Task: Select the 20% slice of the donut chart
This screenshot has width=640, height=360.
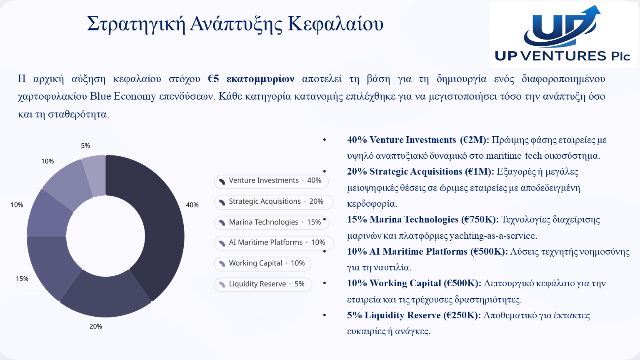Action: pyautogui.click(x=106, y=297)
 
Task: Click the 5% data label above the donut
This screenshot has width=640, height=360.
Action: pyautogui.click(x=85, y=146)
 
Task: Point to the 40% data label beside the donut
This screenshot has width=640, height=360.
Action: pyautogui.click(x=192, y=205)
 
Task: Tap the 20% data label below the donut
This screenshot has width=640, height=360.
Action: pyautogui.click(x=96, y=326)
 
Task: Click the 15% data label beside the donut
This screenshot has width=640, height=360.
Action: pyautogui.click(x=22, y=279)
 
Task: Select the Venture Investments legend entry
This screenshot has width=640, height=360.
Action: pyautogui.click(x=271, y=181)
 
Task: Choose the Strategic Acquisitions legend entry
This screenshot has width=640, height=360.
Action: pyautogui.click(x=273, y=202)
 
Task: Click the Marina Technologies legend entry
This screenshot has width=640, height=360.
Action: pyautogui.click(x=272, y=222)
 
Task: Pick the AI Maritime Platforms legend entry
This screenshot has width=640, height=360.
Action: pyautogui.click(x=274, y=243)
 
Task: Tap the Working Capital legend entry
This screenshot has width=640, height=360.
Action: pyautogui.click(x=262, y=264)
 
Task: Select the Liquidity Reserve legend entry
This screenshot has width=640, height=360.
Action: pyautogui.click(x=263, y=285)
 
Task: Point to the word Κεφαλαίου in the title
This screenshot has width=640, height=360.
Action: pyautogui.click(x=335, y=24)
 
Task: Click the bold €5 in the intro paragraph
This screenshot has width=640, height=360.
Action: pyautogui.click(x=213, y=79)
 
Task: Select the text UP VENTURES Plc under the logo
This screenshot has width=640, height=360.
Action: pyautogui.click(x=562, y=56)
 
